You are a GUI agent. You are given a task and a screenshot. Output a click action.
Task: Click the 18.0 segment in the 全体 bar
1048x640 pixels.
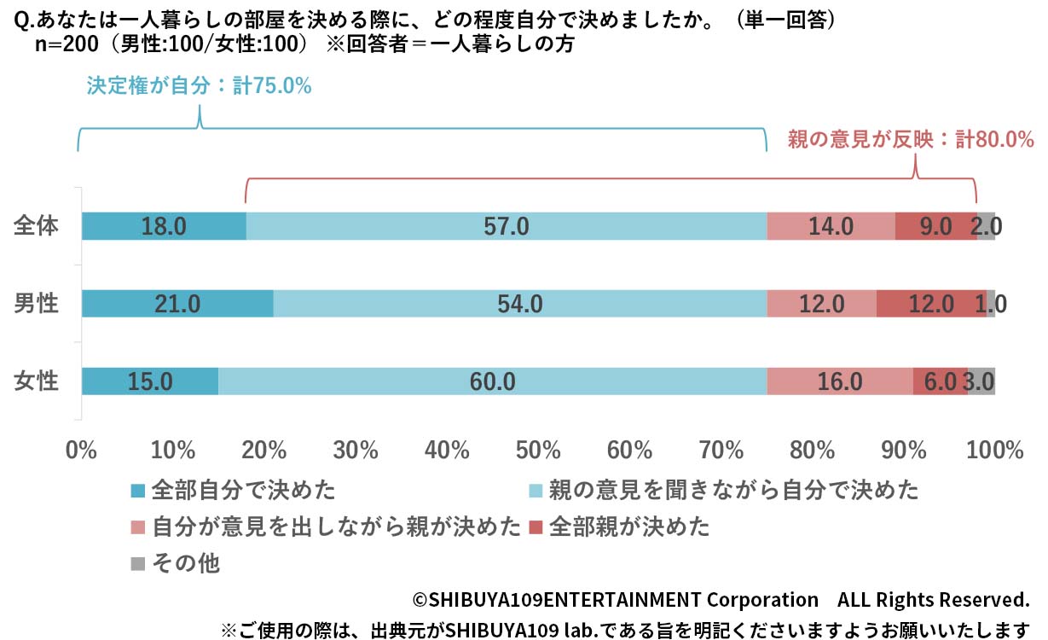pyautogui.click(x=164, y=226)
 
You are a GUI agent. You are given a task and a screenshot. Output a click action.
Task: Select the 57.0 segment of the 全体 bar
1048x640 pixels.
pyautogui.click(x=507, y=226)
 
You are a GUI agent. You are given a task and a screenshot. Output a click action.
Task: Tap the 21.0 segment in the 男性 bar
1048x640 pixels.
pyautogui.click(x=177, y=303)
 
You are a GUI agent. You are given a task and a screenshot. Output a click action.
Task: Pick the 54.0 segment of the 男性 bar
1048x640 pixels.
pyautogui.click(x=520, y=303)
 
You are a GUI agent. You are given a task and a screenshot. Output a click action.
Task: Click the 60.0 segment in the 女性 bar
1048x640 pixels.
pyautogui.click(x=493, y=381)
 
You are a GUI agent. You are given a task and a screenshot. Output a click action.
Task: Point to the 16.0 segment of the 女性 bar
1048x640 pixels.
pyautogui.click(x=840, y=381)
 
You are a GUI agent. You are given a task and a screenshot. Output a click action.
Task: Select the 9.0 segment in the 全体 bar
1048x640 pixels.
pyautogui.click(x=935, y=226)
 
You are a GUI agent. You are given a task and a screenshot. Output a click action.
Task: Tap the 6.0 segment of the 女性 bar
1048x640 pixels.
pyautogui.click(x=940, y=381)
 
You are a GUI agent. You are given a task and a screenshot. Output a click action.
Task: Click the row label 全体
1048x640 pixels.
pyautogui.click(x=37, y=226)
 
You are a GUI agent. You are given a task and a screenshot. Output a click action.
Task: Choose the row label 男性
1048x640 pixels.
pyautogui.click(x=37, y=303)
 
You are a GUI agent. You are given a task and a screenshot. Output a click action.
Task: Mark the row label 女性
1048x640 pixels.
pyautogui.click(x=37, y=381)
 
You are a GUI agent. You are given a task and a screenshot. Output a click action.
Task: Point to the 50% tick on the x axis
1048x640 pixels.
pyautogui.click(x=538, y=450)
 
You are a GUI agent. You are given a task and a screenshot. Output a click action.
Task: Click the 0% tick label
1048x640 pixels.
pyautogui.click(x=82, y=450)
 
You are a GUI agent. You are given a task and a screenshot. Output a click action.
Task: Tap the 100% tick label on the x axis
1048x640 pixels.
pyautogui.click(x=994, y=450)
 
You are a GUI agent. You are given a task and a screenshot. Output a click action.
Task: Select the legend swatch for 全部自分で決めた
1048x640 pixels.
pyautogui.click(x=138, y=491)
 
